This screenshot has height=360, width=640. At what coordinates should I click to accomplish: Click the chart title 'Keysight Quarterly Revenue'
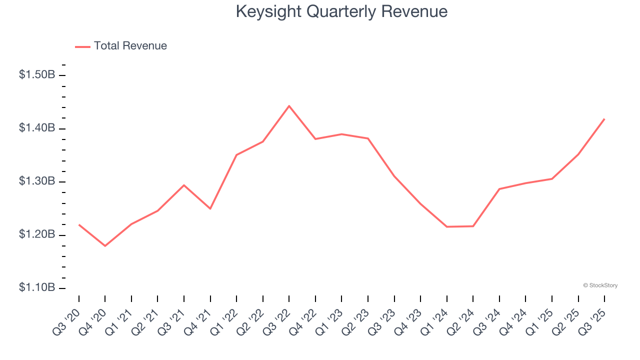[x=341, y=11]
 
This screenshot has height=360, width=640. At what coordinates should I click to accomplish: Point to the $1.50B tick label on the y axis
[x=37, y=75]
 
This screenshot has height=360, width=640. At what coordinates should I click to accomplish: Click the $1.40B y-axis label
[x=37, y=128]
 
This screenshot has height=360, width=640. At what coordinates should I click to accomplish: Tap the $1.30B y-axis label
[x=37, y=181]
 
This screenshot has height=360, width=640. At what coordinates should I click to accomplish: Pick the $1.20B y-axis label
[x=37, y=235]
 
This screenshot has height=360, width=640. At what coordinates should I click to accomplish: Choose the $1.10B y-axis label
[x=37, y=288]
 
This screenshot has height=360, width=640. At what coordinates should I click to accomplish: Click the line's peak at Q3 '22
[x=289, y=106]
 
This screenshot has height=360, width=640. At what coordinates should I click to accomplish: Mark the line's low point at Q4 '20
[x=105, y=246]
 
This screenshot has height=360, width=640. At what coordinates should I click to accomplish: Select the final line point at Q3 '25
[x=604, y=119]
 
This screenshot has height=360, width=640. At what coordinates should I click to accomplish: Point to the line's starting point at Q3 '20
[x=79, y=225]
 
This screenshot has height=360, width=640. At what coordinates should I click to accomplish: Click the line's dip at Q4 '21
[x=210, y=208]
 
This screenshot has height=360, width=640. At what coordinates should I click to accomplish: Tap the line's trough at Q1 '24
[x=446, y=226]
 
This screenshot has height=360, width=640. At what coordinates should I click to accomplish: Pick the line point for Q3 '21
[x=184, y=185]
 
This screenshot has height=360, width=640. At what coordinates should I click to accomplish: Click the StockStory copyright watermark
[x=600, y=285]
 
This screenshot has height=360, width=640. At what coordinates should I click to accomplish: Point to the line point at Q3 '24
[x=499, y=189]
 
